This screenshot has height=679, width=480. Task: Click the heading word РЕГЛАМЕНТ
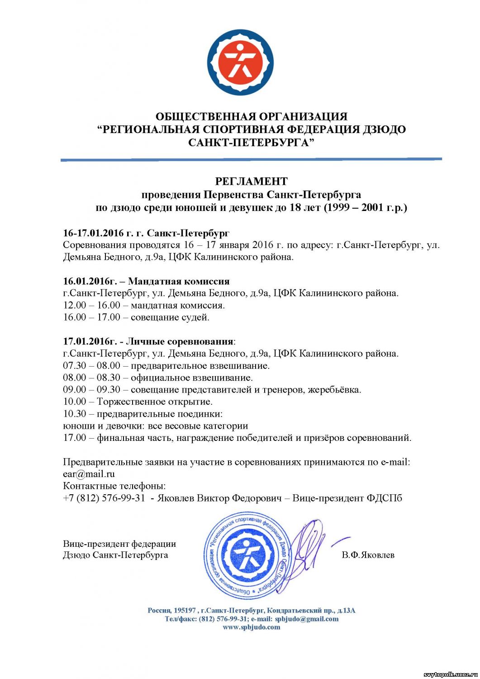point(251,182)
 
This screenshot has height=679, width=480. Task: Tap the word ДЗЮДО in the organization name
point(384,129)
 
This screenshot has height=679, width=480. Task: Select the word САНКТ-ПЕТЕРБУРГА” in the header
point(251,143)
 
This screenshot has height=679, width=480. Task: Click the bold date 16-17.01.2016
point(93,233)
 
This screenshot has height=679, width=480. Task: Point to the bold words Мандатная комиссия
point(179,281)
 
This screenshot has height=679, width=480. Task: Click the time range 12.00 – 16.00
point(92,305)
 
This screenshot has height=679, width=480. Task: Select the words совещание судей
point(170,317)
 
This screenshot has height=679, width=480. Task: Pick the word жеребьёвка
point(334,390)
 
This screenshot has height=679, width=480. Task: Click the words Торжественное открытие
point(154,402)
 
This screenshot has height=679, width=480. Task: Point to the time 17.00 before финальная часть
point(75,438)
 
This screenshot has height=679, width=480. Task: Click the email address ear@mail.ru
point(89,474)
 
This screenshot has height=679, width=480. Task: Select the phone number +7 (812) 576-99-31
point(104,498)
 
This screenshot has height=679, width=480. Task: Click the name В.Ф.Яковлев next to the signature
point(368,555)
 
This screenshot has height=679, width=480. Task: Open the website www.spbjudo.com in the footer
point(251,627)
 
